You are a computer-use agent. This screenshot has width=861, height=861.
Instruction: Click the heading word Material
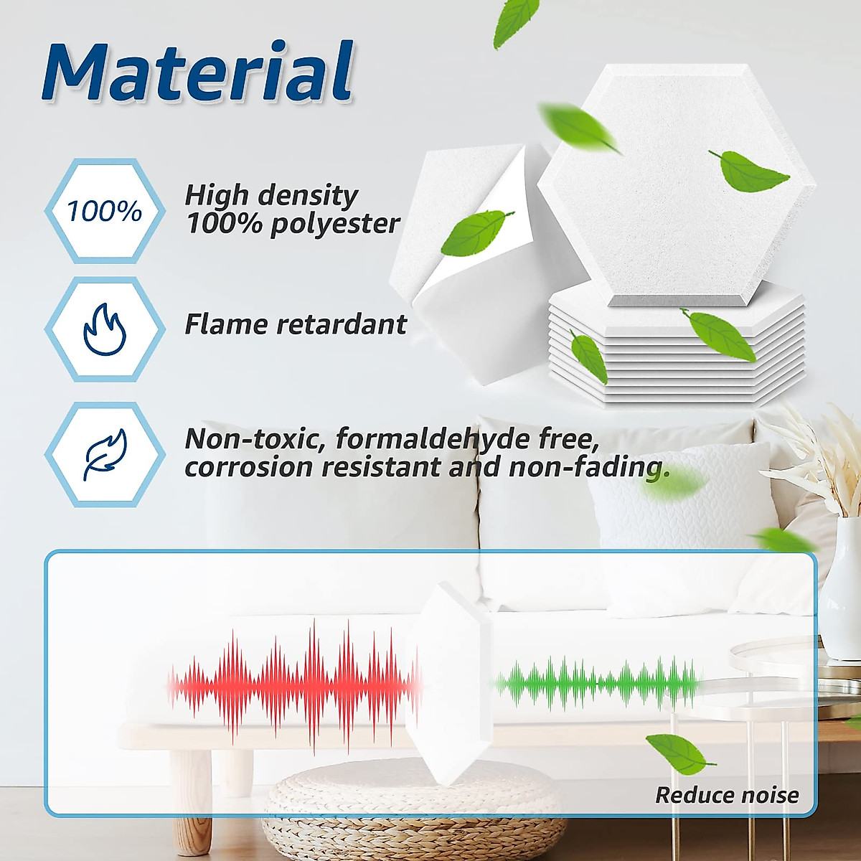[197, 73]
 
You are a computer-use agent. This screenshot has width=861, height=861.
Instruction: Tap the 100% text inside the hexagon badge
[105, 212]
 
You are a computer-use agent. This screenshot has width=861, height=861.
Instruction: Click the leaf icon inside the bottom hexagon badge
[105, 454]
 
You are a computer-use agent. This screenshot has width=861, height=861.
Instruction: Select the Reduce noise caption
[726, 795]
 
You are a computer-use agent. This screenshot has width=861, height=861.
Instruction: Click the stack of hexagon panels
[674, 352]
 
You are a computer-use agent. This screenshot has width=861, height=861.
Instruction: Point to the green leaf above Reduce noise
[677, 753]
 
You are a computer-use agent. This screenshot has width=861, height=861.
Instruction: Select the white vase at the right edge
[843, 596]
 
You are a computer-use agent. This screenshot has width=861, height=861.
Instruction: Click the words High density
[271, 195]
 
